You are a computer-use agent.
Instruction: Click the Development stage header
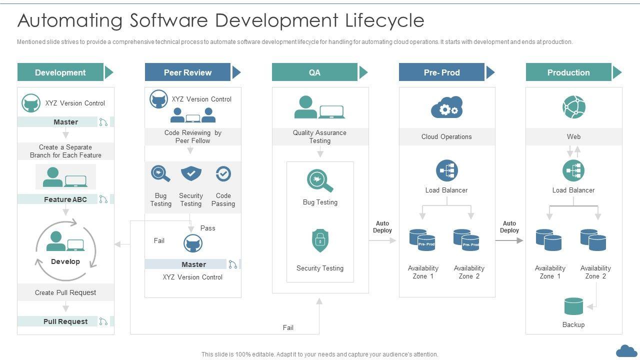60,72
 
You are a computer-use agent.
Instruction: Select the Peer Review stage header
187,72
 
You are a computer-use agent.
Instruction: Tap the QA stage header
314,72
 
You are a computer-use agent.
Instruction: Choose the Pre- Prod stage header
441,72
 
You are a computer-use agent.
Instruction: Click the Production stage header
568,72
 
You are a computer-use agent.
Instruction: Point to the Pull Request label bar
65,321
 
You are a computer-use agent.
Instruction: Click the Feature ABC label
65,199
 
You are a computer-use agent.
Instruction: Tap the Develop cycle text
65,261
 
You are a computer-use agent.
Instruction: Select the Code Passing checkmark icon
223,174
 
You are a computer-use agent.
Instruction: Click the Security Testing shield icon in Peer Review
190,173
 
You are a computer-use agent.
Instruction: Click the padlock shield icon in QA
320,241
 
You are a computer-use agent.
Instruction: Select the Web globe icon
573,107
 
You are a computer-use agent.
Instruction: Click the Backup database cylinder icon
573,306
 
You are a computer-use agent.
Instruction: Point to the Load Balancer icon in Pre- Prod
446,171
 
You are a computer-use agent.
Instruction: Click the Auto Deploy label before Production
509,227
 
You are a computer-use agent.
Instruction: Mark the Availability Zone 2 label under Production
595,272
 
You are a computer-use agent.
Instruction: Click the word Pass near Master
208,228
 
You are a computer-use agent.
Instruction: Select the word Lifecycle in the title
384,20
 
